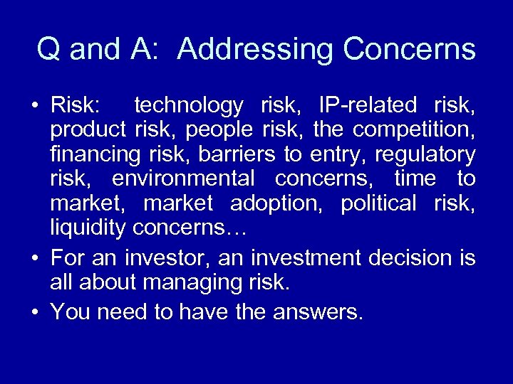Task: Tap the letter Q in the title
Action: click(x=48, y=50)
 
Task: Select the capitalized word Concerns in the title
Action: click(x=409, y=50)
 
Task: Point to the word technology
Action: click(x=189, y=106)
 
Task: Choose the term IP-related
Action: click(x=363, y=106)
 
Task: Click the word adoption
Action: click(x=274, y=203)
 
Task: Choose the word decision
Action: click(x=401, y=257)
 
